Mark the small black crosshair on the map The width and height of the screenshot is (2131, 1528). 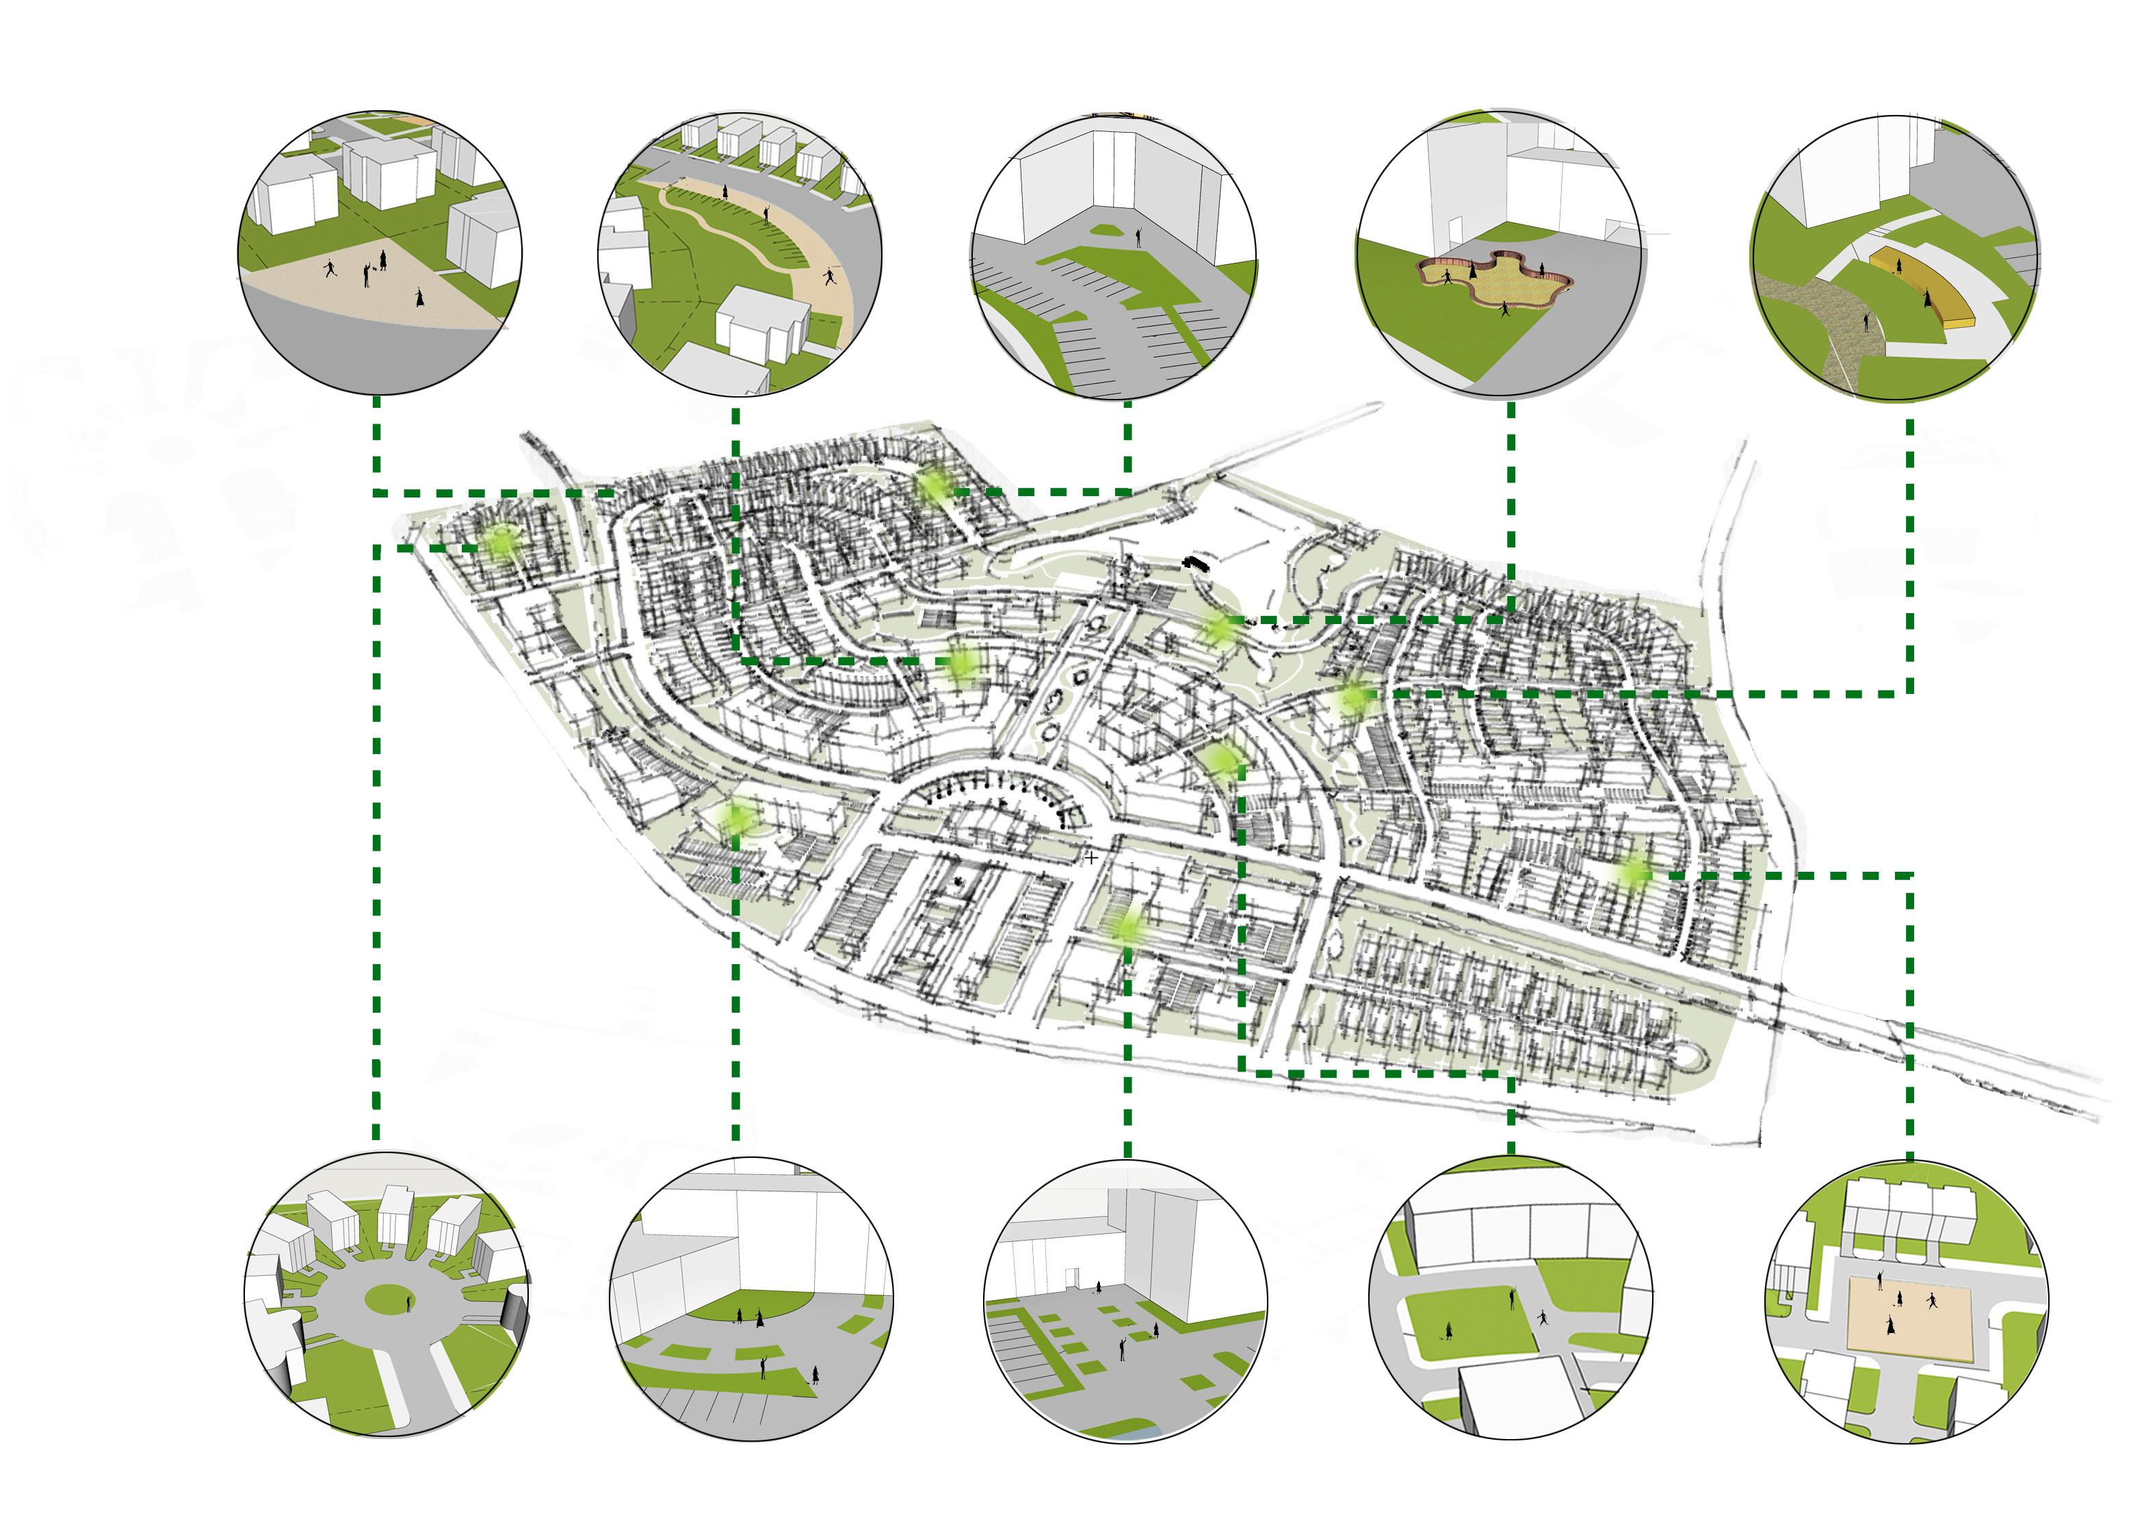click(1091, 858)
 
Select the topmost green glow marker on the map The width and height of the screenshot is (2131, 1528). click(934, 486)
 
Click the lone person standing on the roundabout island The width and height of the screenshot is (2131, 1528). click(408, 1304)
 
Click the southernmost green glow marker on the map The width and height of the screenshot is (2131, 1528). click(1127, 927)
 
